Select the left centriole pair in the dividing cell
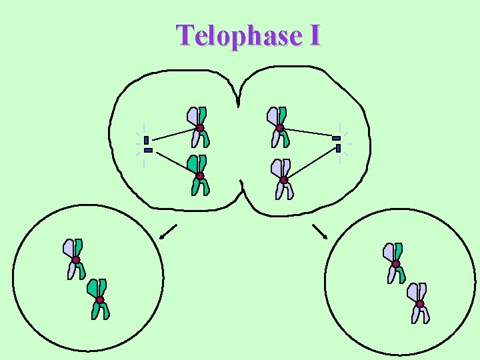click(x=147, y=145)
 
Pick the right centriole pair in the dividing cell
click(x=337, y=143)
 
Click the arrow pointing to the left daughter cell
click(x=168, y=231)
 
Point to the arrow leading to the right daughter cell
click(x=320, y=231)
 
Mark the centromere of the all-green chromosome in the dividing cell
click(x=199, y=176)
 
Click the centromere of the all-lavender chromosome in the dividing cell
click(x=283, y=179)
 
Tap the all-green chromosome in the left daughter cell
click(x=99, y=299)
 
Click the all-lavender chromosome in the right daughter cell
click(x=419, y=303)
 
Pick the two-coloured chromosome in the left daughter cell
click(x=75, y=259)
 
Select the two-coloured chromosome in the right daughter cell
click(x=395, y=263)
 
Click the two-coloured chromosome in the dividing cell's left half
click(x=199, y=127)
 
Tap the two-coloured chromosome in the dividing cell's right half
click(x=279, y=127)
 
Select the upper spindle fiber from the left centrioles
click(x=175, y=135)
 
